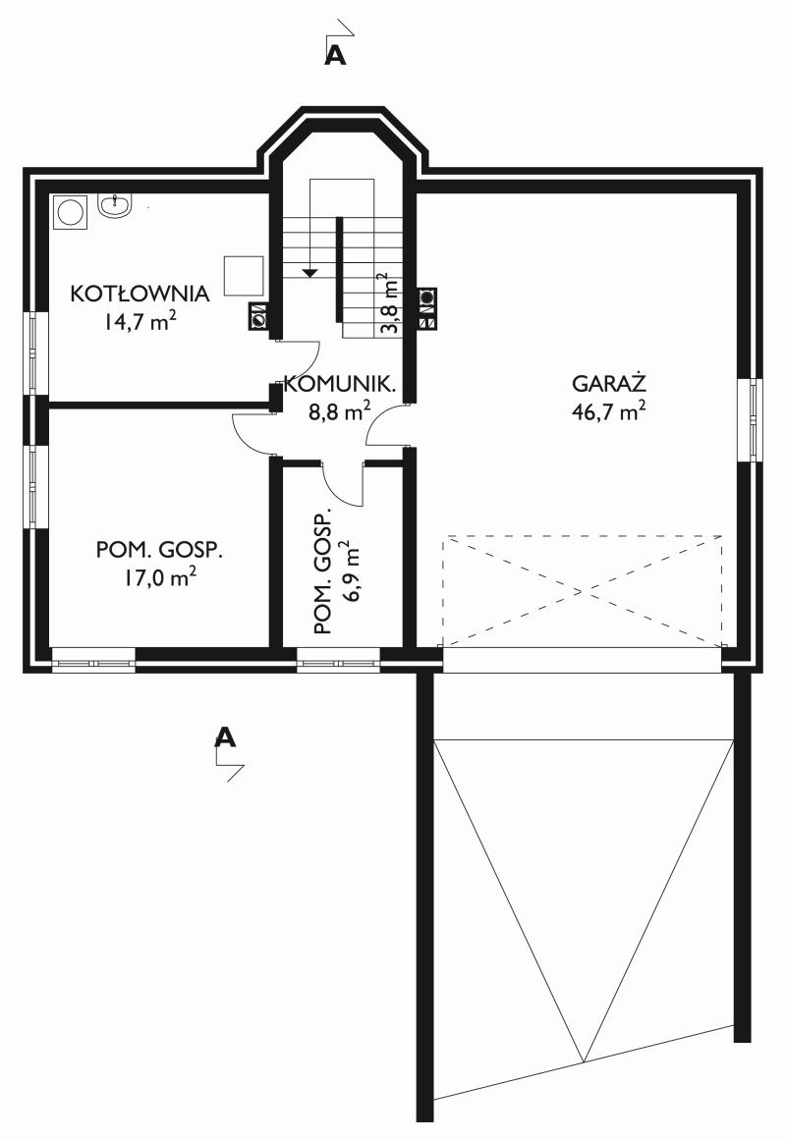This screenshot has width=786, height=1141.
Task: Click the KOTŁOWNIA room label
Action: point(140,294)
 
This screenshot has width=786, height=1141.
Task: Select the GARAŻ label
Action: point(609,383)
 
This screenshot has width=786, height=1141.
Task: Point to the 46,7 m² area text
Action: point(609,411)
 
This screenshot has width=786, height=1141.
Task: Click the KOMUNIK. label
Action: point(339,384)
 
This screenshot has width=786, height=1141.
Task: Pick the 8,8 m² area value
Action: point(340,411)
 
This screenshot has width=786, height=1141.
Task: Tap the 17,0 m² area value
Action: point(159,577)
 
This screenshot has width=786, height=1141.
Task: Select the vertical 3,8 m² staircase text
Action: point(390,302)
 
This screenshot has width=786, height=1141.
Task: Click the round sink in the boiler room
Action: point(115,206)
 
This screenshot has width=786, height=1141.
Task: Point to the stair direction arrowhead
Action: point(310,273)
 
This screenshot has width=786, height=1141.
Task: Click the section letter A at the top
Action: point(335,55)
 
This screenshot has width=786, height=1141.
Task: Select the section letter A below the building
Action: point(226,737)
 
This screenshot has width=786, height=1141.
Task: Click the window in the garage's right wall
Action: point(751,420)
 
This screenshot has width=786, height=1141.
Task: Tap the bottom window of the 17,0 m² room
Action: point(93,662)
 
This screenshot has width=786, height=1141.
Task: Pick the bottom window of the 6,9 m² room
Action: point(338,662)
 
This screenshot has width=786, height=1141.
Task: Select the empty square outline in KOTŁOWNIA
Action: point(244,275)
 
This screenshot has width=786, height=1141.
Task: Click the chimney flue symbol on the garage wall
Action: point(426,308)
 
